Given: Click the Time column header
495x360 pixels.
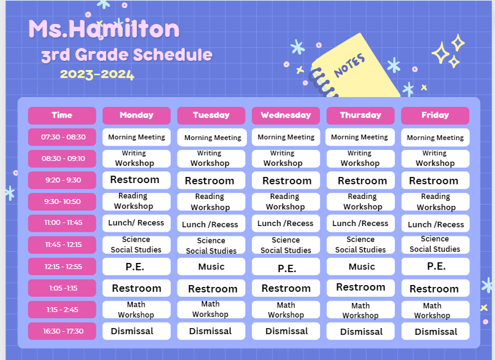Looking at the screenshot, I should [62, 115].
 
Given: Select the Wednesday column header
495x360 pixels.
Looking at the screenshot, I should [286, 115].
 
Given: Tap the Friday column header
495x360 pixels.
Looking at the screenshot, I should [435, 115].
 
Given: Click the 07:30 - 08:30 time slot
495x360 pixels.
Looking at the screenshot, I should [62, 137].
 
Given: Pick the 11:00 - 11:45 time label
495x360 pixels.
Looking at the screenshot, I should [62, 223].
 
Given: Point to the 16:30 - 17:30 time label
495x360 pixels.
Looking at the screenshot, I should [62, 331].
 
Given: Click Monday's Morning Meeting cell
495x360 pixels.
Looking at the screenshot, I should [136, 137].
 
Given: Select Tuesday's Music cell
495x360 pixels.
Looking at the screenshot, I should [211, 267].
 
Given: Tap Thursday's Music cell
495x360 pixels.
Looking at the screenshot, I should [361, 267].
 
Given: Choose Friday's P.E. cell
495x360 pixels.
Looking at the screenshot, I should [435, 267].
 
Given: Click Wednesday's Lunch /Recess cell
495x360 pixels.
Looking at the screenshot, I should [286, 224].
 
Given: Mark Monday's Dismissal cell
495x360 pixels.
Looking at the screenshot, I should [136, 331].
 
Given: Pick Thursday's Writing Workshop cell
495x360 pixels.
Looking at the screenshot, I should [361, 158].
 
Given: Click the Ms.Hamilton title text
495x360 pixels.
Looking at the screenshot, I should [104, 29].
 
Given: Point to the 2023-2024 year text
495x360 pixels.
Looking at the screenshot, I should [97, 75].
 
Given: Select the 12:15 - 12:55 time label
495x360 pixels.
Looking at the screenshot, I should [62, 267].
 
